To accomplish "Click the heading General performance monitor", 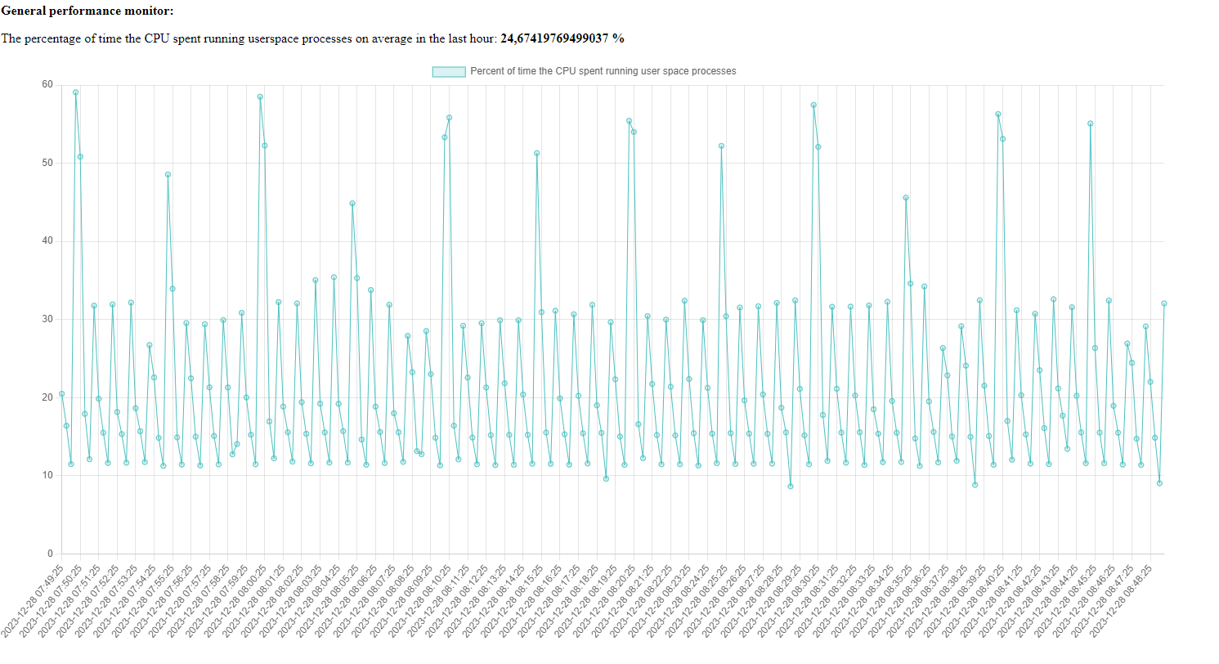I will pyautogui.click(x=87, y=11).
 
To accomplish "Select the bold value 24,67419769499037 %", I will pyautogui.click(x=562, y=38).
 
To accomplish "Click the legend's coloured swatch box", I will pyautogui.click(x=449, y=72).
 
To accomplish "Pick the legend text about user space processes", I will pyautogui.click(x=603, y=71).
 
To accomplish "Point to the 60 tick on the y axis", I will pyautogui.click(x=47, y=85).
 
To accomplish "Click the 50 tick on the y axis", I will pyautogui.click(x=47, y=163).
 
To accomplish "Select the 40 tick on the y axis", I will pyautogui.click(x=47, y=241).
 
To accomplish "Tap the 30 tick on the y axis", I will pyautogui.click(x=47, y=319).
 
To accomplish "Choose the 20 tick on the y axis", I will pyautogui.click(x=47, y=397).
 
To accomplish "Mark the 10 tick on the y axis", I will pyautogui.click(x=47, y=475).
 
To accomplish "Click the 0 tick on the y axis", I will pyautogui.click(x=50, y=554).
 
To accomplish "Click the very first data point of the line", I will pyautogui.click(x=61, y=394).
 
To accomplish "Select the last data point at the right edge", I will pyautogui.click(x=1164, y=303).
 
